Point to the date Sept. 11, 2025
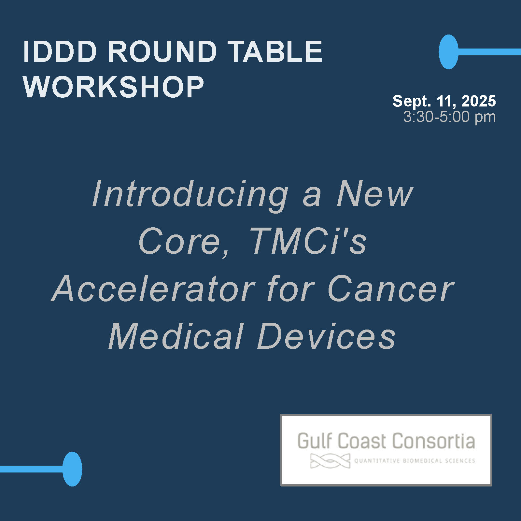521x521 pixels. [444, 101]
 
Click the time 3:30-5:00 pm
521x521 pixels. [449, 117]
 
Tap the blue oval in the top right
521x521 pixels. [448, 52]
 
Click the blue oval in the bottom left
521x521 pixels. [72, 469]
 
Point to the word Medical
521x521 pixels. [176, 336]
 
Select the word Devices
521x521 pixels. [327, 336]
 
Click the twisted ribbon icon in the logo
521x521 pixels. [330, 461]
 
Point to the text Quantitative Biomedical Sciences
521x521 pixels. [415, 461]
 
